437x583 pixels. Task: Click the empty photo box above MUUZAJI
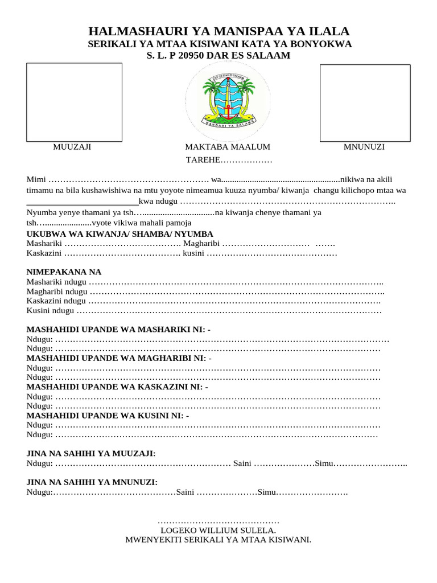[x=75, y=102]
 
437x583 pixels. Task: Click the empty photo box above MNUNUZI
[x=365, y=103]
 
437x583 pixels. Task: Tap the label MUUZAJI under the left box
[x=72, y=147]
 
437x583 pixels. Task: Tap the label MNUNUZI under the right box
[x=364, y=147]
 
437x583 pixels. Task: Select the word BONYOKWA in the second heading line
[x=324, y=44]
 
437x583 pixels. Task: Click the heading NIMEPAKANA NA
[x=64, y=272]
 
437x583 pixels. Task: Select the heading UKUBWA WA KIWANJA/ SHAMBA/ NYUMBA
[x=120, y=234]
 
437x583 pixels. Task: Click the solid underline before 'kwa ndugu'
[x=83, y=203]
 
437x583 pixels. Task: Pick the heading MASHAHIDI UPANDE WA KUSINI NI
[x=108, y=416]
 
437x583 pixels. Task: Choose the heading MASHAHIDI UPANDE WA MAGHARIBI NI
[x=119, y=358]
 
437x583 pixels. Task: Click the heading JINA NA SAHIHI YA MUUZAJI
[x=91, y=453]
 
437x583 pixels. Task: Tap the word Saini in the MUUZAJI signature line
[x=242, y=463]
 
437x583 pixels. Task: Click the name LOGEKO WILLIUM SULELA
[x=218, y=530]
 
